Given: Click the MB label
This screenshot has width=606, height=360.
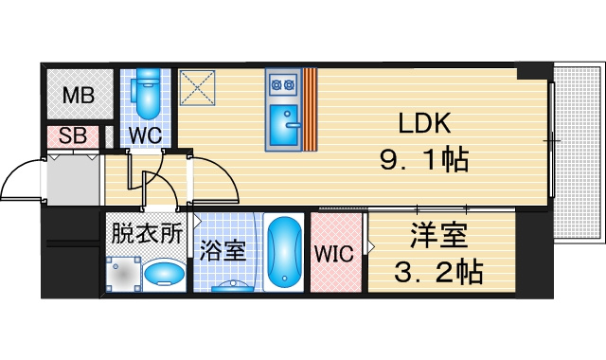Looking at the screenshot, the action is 79,95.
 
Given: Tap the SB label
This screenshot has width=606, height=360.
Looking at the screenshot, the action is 73,135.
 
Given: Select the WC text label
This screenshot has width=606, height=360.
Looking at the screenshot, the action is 145,135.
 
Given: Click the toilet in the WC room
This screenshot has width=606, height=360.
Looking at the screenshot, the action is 146,93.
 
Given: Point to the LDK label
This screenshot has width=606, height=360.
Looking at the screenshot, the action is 424,123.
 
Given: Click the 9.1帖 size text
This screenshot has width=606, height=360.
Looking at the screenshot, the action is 424,159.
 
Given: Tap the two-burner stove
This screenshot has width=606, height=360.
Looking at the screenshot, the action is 283,84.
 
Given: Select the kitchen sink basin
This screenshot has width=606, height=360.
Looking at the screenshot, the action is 284,120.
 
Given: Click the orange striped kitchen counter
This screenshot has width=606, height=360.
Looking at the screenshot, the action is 310,110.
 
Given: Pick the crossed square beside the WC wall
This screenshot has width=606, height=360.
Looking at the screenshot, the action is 197,88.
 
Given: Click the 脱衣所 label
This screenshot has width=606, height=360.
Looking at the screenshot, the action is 147,233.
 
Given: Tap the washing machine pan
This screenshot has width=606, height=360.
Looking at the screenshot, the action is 124,275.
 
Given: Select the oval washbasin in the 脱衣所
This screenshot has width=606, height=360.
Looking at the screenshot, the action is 164,274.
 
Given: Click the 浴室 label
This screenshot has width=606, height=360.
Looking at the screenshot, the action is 223,250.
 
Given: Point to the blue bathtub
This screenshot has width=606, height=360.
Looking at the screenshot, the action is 284,253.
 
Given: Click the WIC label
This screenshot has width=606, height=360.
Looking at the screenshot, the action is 333,254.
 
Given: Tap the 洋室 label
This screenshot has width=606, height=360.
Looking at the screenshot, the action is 438,235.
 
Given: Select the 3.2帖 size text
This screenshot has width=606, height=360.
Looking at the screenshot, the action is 438,272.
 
